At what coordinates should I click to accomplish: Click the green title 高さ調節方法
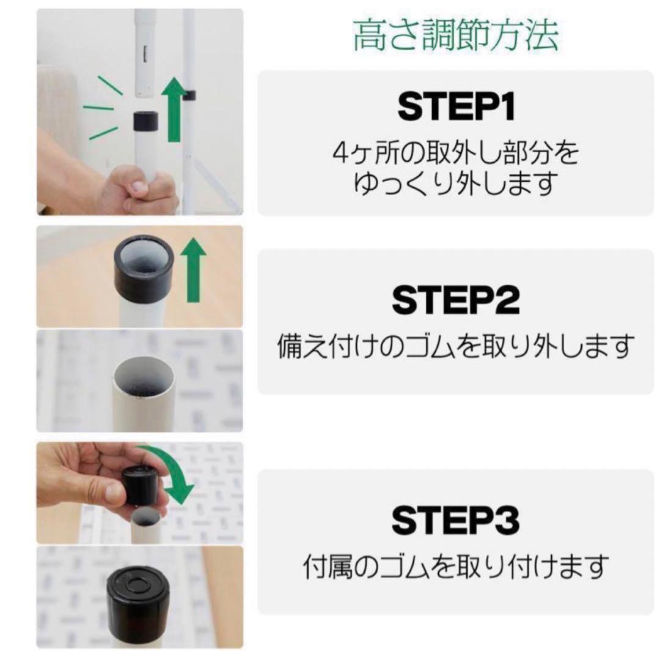point(455,36)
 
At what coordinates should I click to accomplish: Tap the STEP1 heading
point(456,107)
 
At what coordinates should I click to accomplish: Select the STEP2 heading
point(456,300)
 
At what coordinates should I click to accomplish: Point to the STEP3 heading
point(456,521)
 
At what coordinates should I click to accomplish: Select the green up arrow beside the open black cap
point(194,270)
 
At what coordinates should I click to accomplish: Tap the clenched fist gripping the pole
point(137,189)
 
